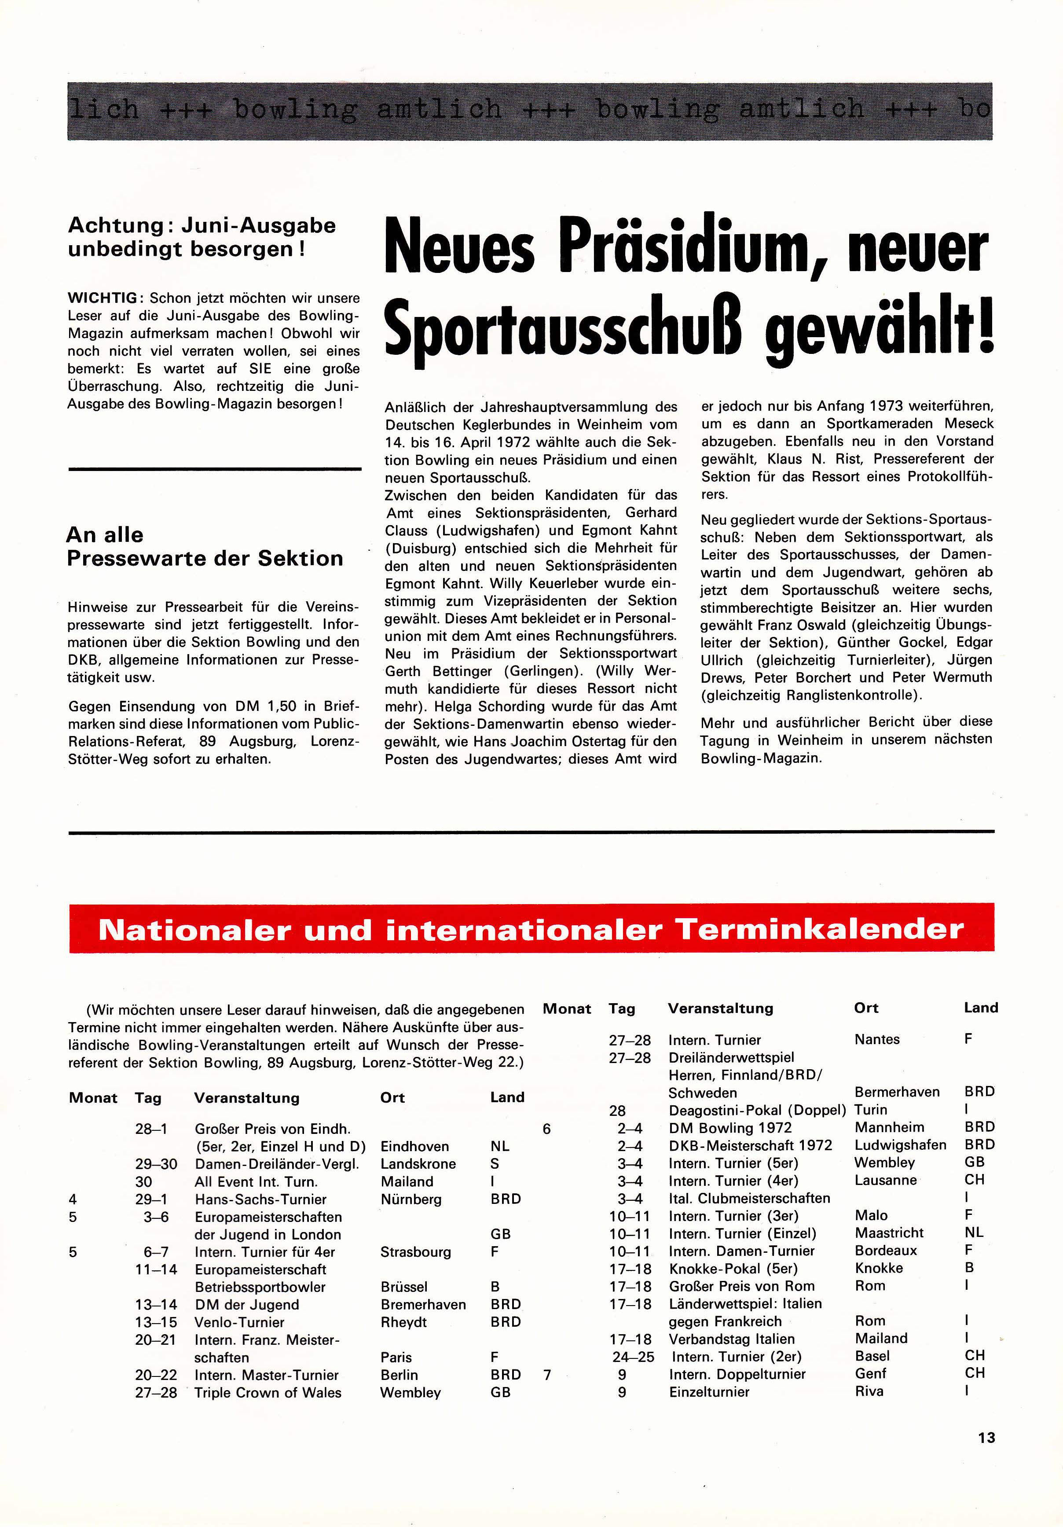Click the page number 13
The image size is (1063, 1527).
pyautogui.click(x=986, y=1437)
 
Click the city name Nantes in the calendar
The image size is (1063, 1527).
pyautogui.click(x=877, y=1040)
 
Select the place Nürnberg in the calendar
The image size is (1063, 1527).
pyautogui.click(x=411, y=1199)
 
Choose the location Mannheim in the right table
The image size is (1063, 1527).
pyautogui.click(x=887, y=1127)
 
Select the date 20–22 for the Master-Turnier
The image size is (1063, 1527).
pyautogui.click(x=156, y=1375)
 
